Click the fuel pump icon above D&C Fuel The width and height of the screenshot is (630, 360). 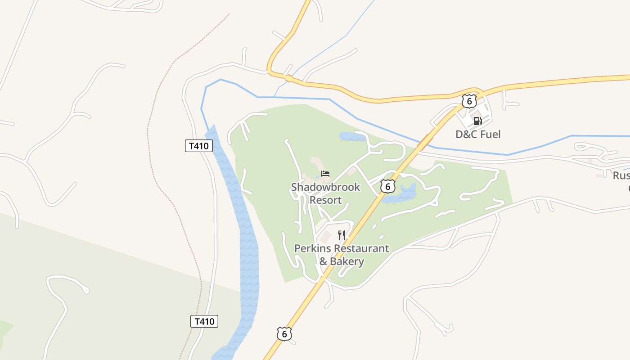click(x=477, y=121)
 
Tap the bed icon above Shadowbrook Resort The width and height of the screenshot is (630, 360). click(x=325, y=174)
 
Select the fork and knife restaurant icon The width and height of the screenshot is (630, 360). click(x=342, y=235)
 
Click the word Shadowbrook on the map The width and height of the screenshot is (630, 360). click(x=325, y=187)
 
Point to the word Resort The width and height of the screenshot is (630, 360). click(x=325, y=200)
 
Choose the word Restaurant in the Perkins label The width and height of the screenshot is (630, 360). click(x=361, y=248)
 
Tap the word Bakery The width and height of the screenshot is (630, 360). click(x=347, y=261)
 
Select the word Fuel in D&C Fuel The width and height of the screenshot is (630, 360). click(x=490, y=134)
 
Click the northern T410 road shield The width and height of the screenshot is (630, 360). click(x=198, y=146)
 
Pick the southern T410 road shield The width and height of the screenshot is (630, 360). click(x=204, y=321)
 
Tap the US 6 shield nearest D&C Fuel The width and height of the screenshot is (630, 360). click(x=469, y=101)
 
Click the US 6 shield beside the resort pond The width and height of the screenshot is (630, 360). click(x=387, y=186)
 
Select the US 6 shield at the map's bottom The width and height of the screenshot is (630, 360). click(x=284, y=333)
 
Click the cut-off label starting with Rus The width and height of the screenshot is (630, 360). click(x=621, y=175)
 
